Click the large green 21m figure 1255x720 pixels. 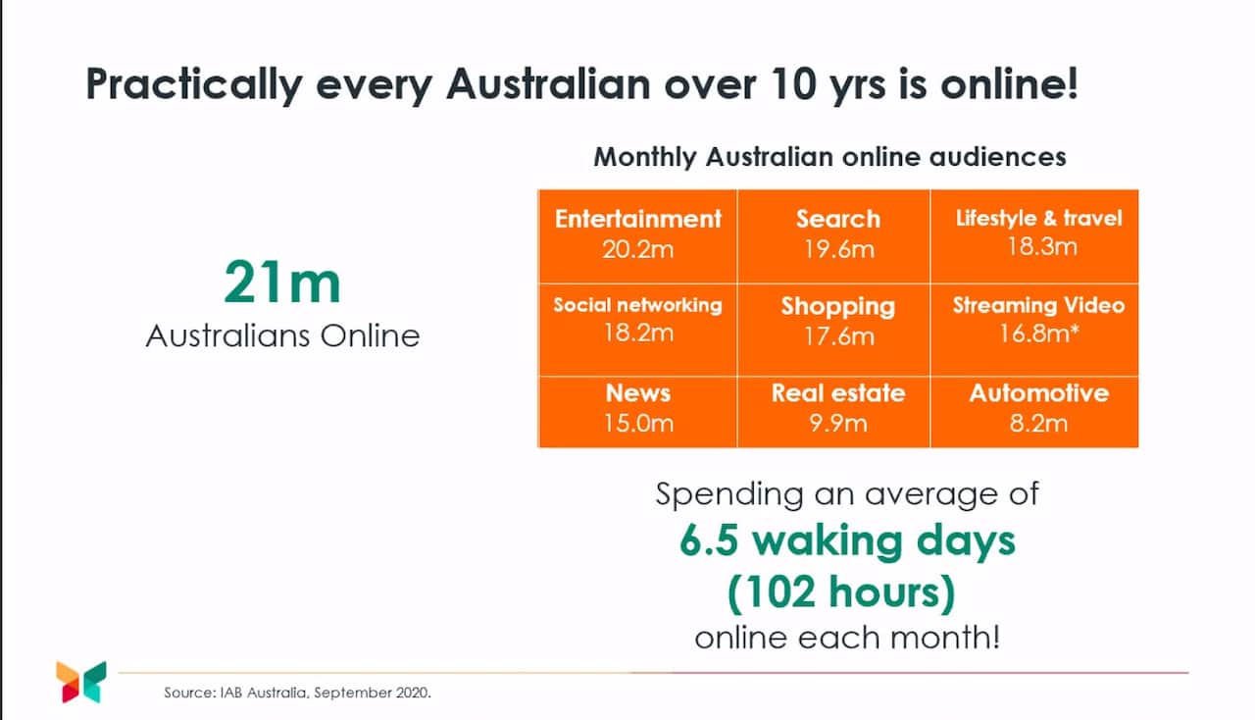[282, 283]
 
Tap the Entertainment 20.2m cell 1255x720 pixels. [637, 234]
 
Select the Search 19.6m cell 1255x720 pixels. [837, 234]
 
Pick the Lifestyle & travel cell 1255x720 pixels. [1038, 232]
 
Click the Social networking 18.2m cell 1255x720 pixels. [637, 319]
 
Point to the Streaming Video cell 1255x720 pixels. [1038, 319]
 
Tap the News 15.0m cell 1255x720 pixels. [637, 408]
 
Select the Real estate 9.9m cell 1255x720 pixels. [837, 408]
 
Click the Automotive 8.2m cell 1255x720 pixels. [1038, 408]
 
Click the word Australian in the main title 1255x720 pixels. [547, 84]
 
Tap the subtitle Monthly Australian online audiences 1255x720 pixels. [829, 157]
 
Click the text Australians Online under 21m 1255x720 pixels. [282, 335]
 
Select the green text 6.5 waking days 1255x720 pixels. [847, 541]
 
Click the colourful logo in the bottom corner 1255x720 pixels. [80, 682]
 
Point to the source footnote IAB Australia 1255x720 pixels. [297, 693]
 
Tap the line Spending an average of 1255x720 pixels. [847, 492]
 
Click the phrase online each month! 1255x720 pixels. [847, 638]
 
